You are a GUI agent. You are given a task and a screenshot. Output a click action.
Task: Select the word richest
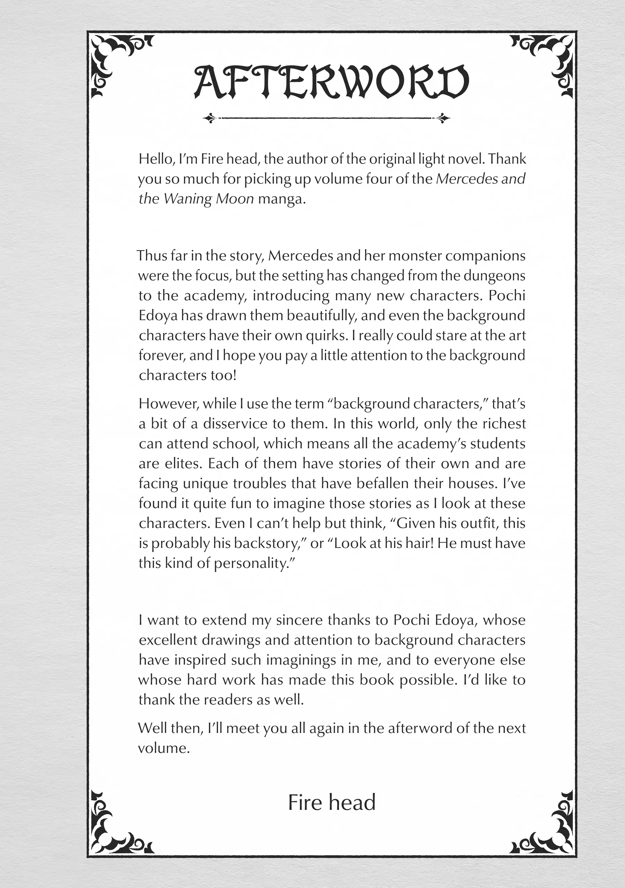point(504,424)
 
